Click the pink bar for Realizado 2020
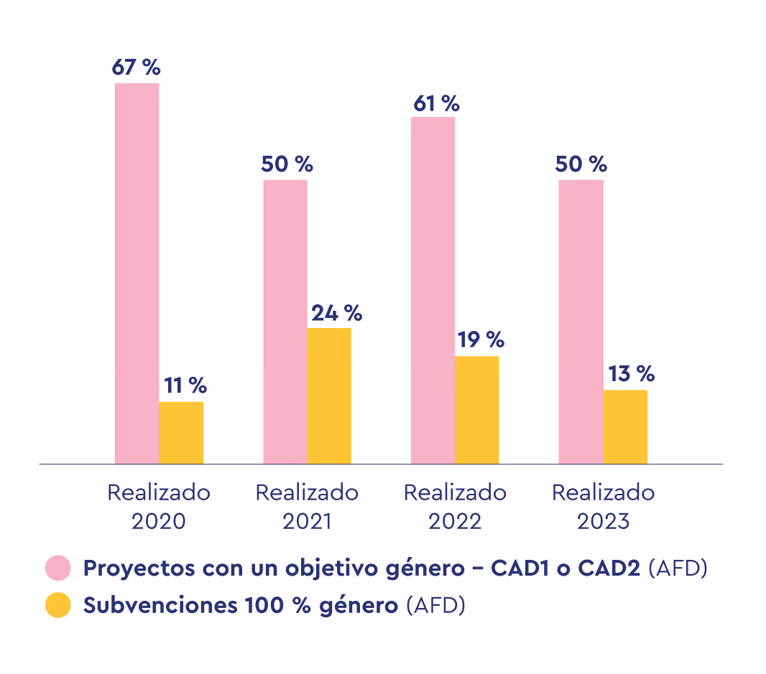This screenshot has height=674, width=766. pos(137,273)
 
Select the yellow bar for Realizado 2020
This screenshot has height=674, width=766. pos(181,432)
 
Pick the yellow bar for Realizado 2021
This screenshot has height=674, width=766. pos(329,395)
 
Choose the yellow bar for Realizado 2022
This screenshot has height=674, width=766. pos(477,409)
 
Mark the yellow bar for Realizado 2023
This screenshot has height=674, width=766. pos(625,426)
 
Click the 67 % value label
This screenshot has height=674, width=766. pos(136,67)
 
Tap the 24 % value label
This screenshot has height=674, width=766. pos(336,313)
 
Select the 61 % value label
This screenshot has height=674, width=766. pos(435,103)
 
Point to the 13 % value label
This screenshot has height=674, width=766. pos(632,374)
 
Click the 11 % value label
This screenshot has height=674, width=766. pos(185,385)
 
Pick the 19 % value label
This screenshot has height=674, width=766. pos(481,340)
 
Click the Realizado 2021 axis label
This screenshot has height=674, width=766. pos(307,507)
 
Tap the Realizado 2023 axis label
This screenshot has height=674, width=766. pos(603,507)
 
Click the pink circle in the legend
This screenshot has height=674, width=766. pos(57,568)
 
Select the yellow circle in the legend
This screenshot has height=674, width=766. pos(57,605)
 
